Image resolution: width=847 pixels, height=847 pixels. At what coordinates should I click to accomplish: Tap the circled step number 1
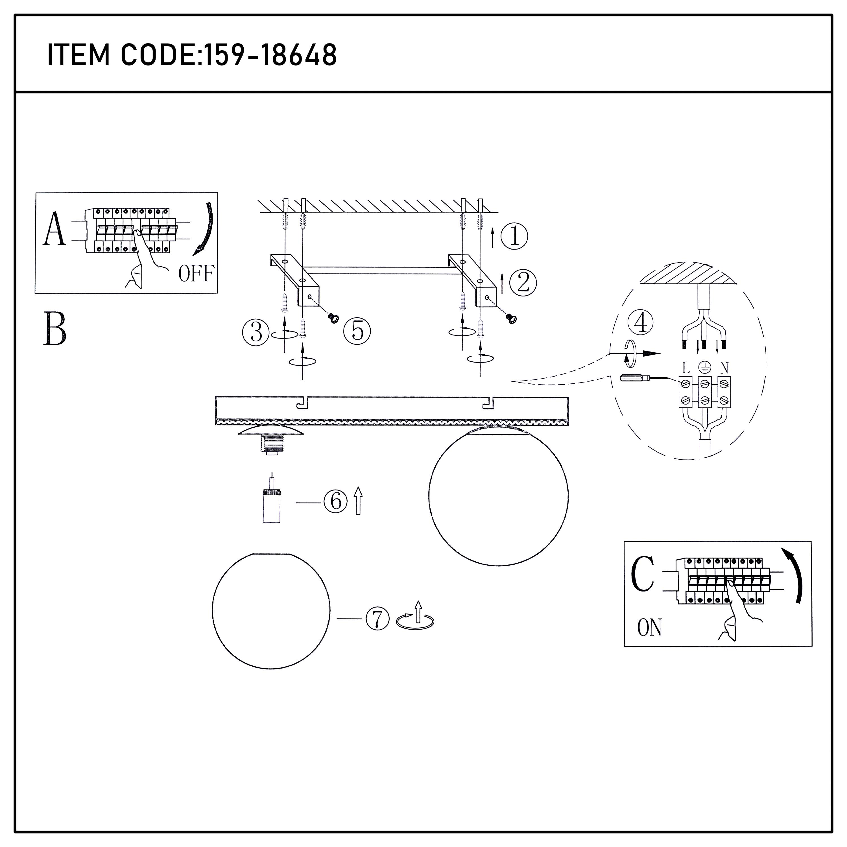514,236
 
